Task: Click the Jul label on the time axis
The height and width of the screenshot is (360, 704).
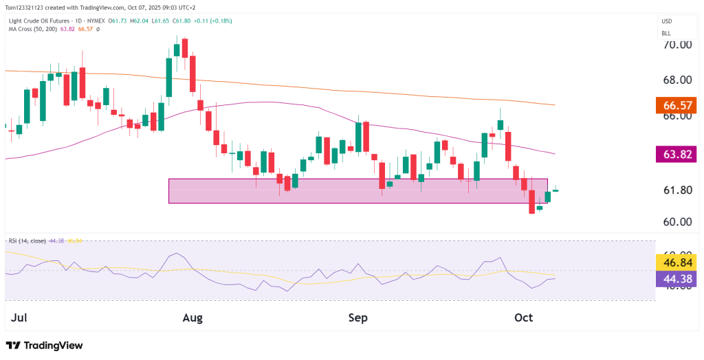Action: pyautogui.click(x=20, y=317)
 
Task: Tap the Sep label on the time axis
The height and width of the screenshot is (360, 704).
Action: pyautogui.click(x=357, y=317)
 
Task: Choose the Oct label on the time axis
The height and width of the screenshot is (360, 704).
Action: pyautogui.click(x=524, y=317)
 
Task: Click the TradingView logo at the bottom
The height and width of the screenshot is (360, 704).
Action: pyautogui.click(x=44, y=345)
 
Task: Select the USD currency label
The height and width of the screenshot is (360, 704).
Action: pyautogui.click(x=666, y=21)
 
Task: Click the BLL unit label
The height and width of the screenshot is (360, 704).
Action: pyautogui.click(x=666, y=33)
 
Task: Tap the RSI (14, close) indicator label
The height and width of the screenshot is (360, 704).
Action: pyautogui.click(x=27, y=241)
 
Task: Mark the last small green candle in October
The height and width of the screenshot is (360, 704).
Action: pyautogui.click(x=555, y=190)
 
